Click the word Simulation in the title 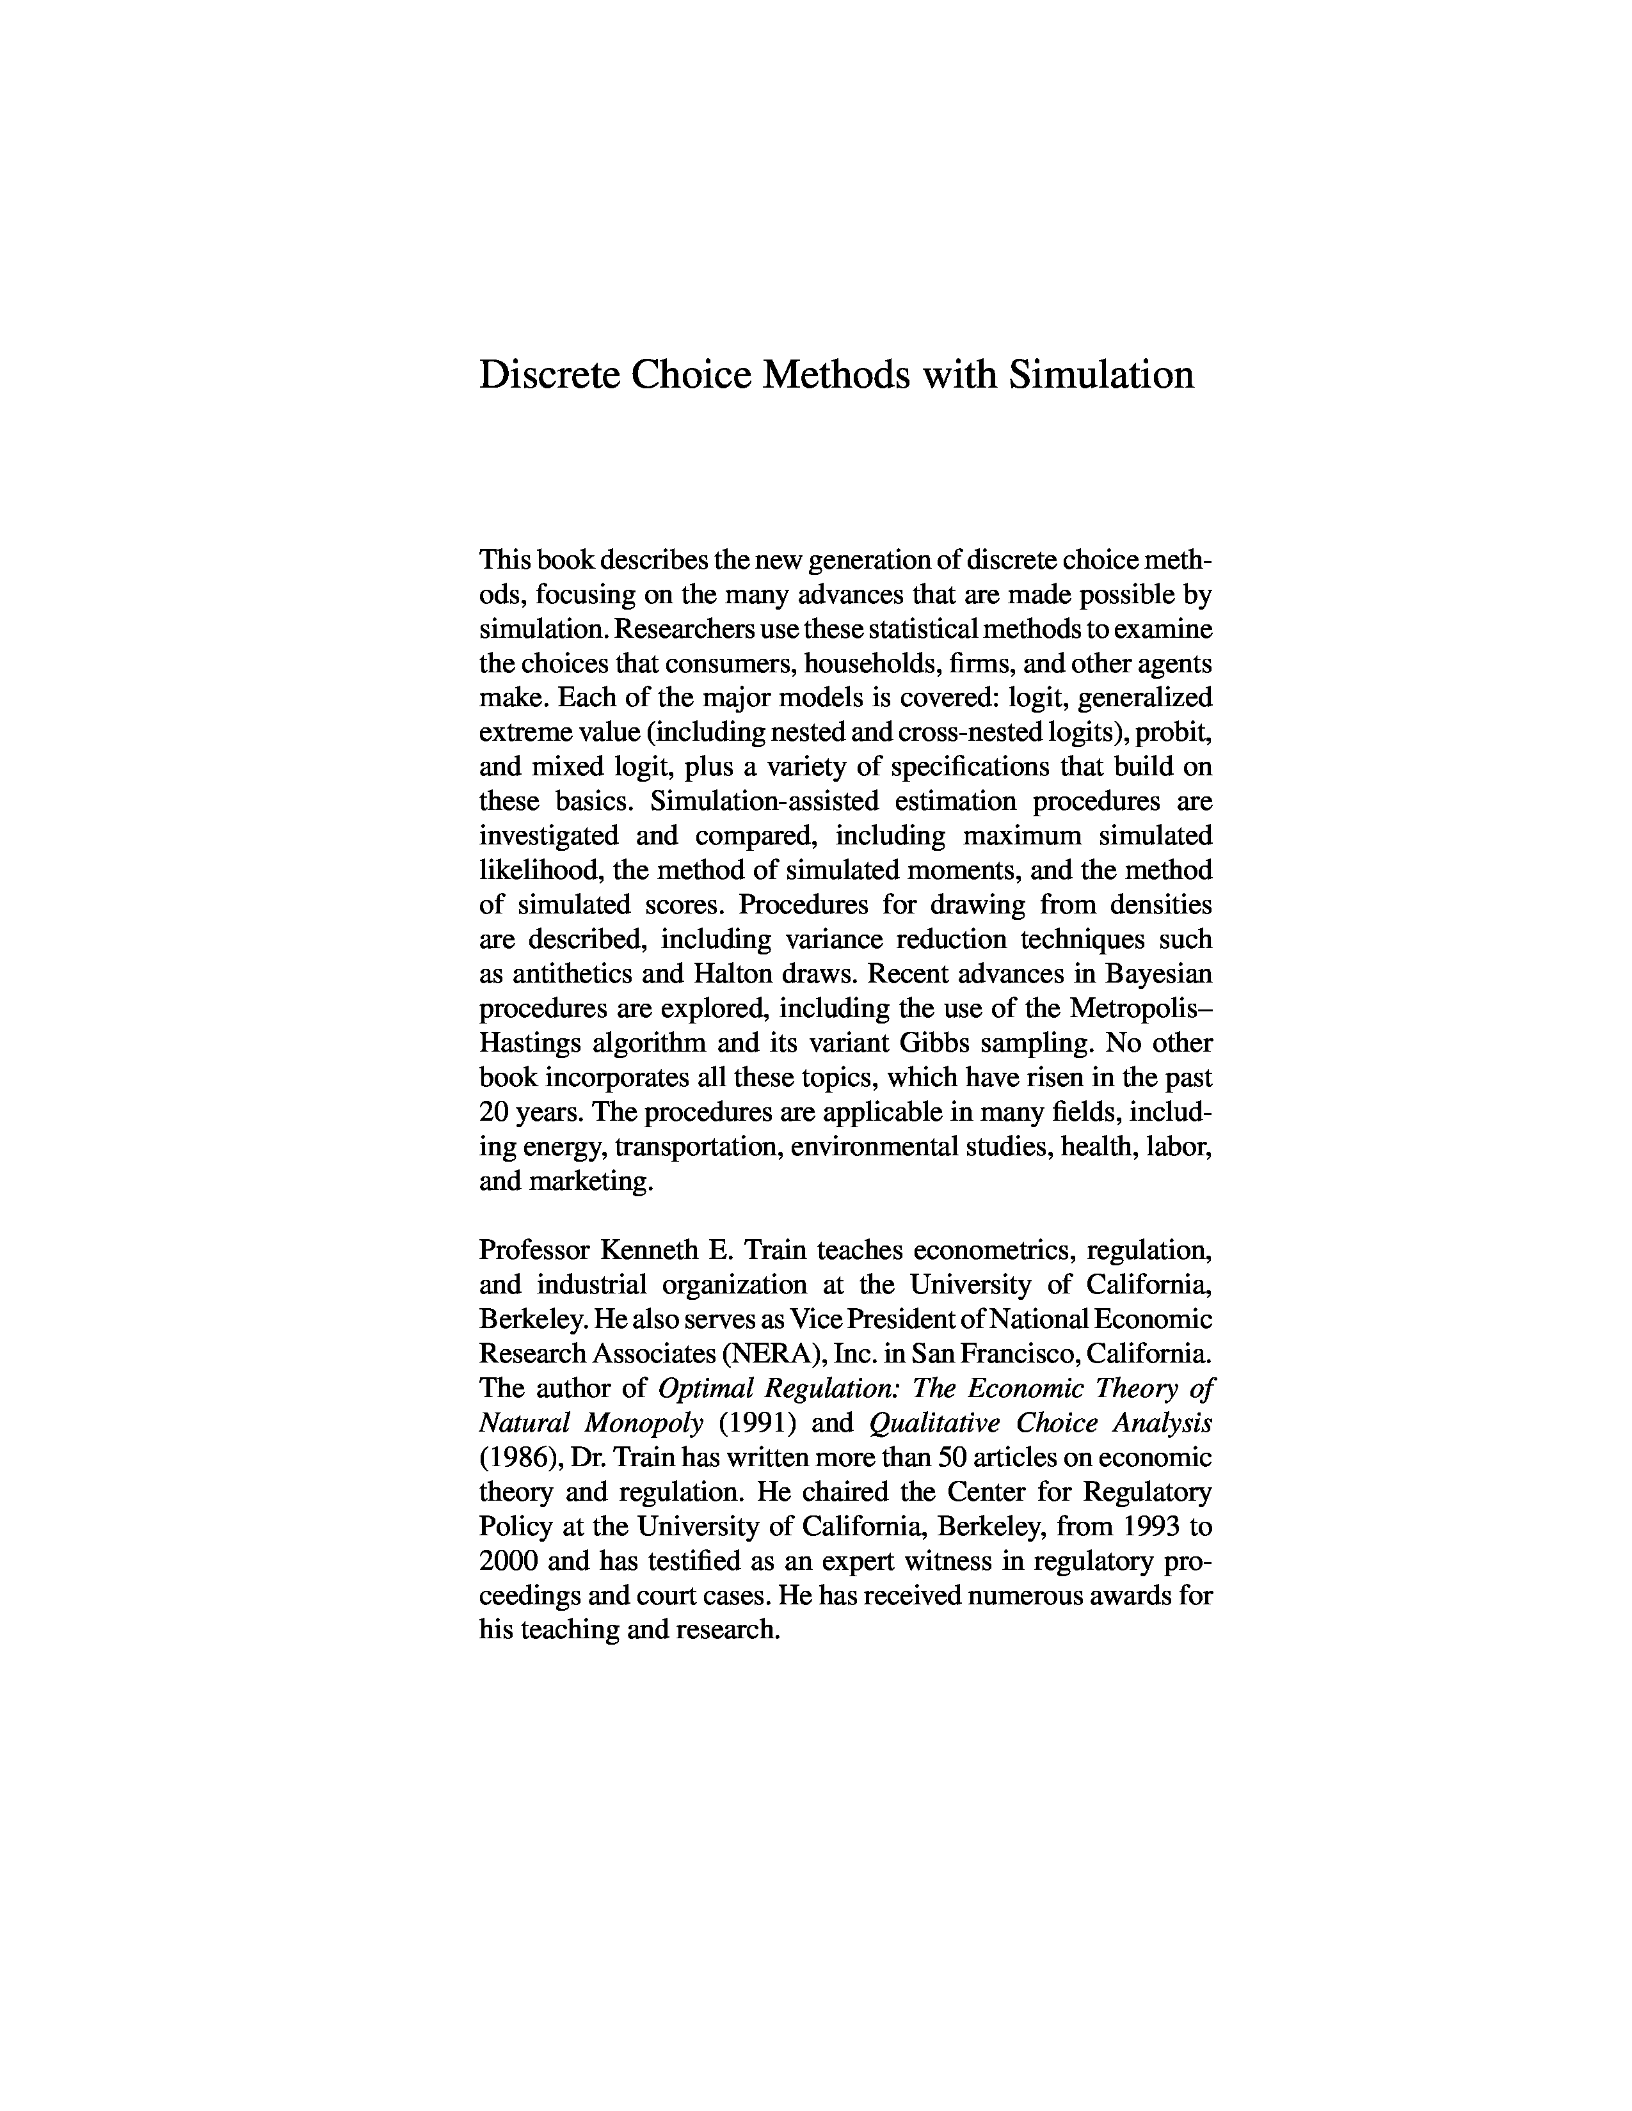point(1101,374)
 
